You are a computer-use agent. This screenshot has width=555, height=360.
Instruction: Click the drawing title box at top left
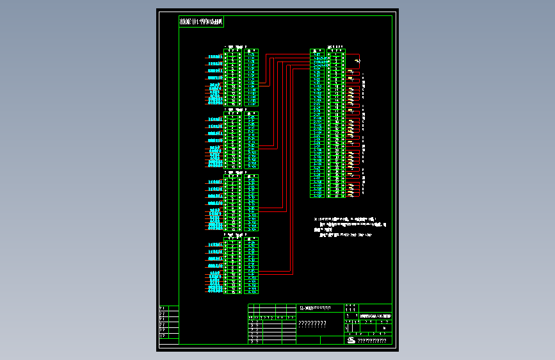(x=201, y=22)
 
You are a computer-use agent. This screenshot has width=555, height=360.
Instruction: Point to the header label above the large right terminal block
(x=335, y=46)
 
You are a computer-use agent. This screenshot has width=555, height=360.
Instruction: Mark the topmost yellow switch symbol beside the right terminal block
(x=357, y=61)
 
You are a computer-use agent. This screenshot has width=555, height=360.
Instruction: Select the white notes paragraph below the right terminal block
(x=351, y=227)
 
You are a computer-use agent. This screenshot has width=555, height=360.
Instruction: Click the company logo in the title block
(x=351, y=340)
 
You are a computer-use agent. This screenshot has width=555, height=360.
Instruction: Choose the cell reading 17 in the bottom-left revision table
(x=163, y=336)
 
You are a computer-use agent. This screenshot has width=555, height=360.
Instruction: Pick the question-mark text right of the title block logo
(x=372, y=341)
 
